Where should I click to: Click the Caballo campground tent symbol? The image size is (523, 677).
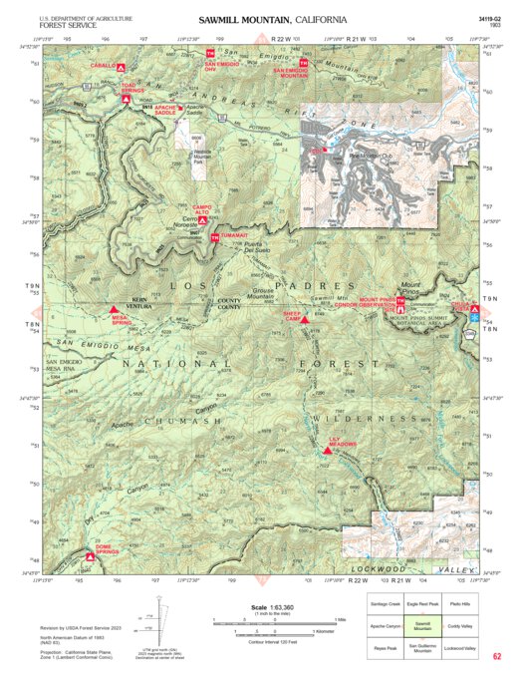pyautogui.click(x=121, y=67)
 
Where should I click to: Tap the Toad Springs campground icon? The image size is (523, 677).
pyautogui.click(x=128, y=100)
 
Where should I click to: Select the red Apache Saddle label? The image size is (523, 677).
pyautogui.click(x=165, y=111)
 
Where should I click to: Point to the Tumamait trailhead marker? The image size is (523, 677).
pyautogui.click(x=214, y=237)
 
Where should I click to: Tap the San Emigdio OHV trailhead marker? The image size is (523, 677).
pyautogui.click(x=211, y=52)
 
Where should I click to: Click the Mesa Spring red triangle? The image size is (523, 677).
pyautogui.click(x=113, y=311)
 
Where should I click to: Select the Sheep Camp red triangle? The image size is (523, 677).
pyautogui.click(x=304, y=320)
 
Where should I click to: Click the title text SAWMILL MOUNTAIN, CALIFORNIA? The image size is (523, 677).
pyautogui.click(x=272, y=20)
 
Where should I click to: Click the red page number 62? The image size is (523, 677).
pyautogui.click(x=496, y=656)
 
